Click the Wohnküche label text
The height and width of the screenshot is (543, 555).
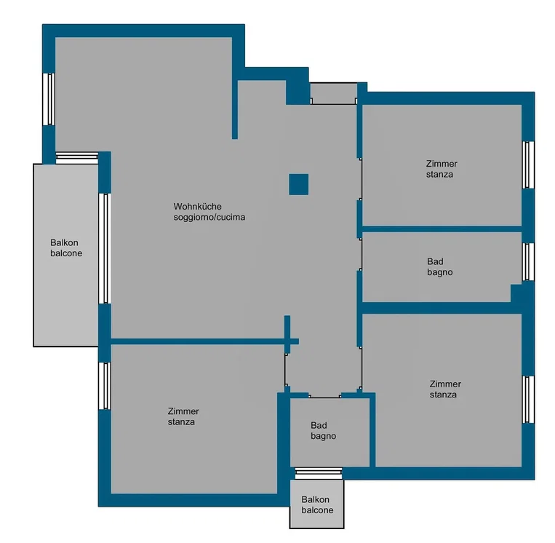click(198, 207)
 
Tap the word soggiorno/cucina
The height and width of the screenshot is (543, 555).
click(209, 217)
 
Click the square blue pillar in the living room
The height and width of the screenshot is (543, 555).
click(299, 184)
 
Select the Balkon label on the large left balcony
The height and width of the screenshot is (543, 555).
click(64, 242)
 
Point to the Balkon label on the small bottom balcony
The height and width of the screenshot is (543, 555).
click(316, 499)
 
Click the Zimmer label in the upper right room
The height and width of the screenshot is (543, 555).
click(442, 164)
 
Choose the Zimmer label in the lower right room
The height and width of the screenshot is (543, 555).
click(445, 384)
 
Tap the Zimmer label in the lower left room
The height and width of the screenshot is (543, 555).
click(183, 411)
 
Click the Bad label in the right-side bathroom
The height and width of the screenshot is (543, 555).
click(435, 261)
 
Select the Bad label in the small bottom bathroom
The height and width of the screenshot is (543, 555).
click(319, 425)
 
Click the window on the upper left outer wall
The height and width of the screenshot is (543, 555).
click(49, 99)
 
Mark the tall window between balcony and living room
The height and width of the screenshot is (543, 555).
click(105, 248)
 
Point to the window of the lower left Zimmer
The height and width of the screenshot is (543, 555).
click(105, 386)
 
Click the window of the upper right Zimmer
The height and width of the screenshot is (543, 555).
click(528, 165)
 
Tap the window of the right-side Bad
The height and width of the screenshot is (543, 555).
click(528, 262)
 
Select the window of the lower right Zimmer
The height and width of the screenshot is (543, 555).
click(528, 399)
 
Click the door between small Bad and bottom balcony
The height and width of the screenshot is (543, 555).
click(319, 473)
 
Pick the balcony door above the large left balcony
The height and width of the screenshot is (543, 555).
click(77, 158)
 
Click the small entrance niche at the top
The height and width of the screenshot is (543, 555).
click(333, 93)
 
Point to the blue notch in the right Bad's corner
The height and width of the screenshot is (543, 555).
click(516, 293)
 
